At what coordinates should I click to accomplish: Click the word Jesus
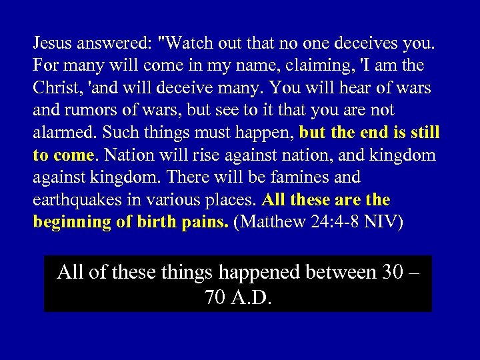click(x=52, y=44)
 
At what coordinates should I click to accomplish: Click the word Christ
click(x=55, y=88)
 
